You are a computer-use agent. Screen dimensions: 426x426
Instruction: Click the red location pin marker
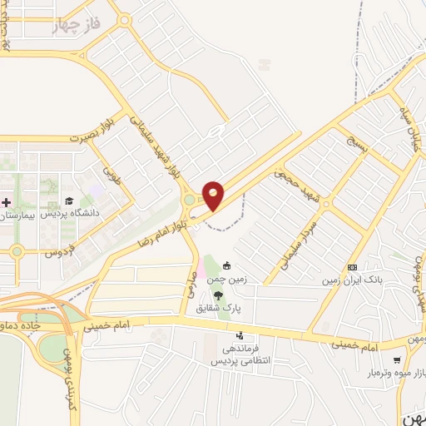(214, 195)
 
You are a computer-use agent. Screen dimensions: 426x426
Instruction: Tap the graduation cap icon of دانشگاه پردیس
(68, 201)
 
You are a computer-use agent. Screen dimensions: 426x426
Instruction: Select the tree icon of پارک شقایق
(217, 295)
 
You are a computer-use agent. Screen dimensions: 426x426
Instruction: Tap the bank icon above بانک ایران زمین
(352, 267)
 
